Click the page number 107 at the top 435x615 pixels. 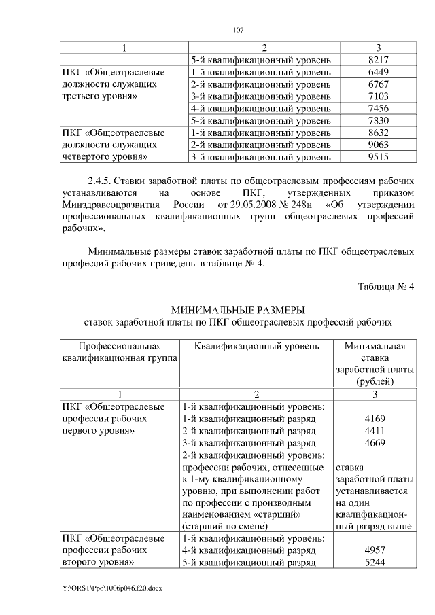[x=238, y=29]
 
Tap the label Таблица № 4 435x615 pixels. [x=386, y=286]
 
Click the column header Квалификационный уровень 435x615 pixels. [x=256, y=346]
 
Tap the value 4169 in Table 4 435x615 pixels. [x=375, y=419]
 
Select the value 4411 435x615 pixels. [x=375, y=432]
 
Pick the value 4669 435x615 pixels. [x=375, y=444]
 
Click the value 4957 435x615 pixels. [x=375, y=550]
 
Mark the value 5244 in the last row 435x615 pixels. [x=375, y=563]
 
